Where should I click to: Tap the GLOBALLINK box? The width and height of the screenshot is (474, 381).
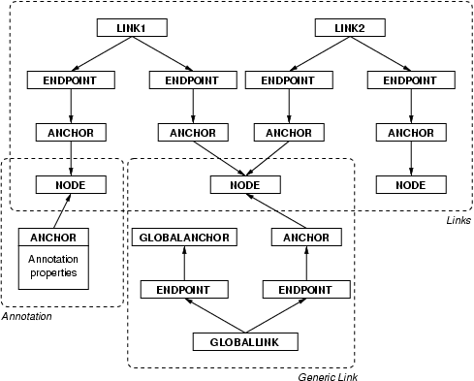(x=244, y=341)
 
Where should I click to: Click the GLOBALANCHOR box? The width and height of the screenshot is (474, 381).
(x=184, y=237)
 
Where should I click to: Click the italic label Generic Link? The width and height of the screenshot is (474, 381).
(x=326, y=375)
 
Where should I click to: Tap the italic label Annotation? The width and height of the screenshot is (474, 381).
(x=26, y=316)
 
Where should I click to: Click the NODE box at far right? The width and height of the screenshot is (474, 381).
(x=411, y=184)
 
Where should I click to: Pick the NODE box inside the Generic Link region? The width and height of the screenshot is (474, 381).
(x=246, y=184)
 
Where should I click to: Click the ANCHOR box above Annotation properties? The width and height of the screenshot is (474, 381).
(x=54, y=237)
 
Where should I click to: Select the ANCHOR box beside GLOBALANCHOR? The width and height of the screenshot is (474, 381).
(x=306, y=237)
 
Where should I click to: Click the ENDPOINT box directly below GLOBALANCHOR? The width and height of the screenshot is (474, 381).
(x=184, y=289)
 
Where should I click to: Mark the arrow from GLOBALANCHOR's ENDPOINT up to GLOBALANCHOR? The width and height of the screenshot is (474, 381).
(x=184, y=263)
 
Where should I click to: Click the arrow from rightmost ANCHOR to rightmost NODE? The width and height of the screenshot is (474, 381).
(x=411, y=158)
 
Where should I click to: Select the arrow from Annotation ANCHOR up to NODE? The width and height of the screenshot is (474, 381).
(x=62, y=210)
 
